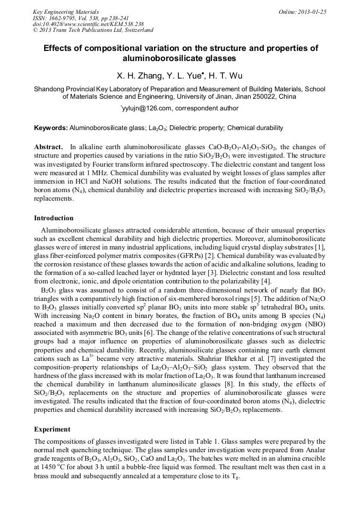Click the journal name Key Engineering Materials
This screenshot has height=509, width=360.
click(x=66, y=11)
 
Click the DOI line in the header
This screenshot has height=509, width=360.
click(x=81, y=24)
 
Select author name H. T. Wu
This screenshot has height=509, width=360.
click(x=226, y=76)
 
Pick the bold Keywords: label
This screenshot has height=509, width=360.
click(x=50, y=128)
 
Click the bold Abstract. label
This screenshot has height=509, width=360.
click(x=49, y=147)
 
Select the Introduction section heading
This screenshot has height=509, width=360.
click(x=54, y=218)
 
